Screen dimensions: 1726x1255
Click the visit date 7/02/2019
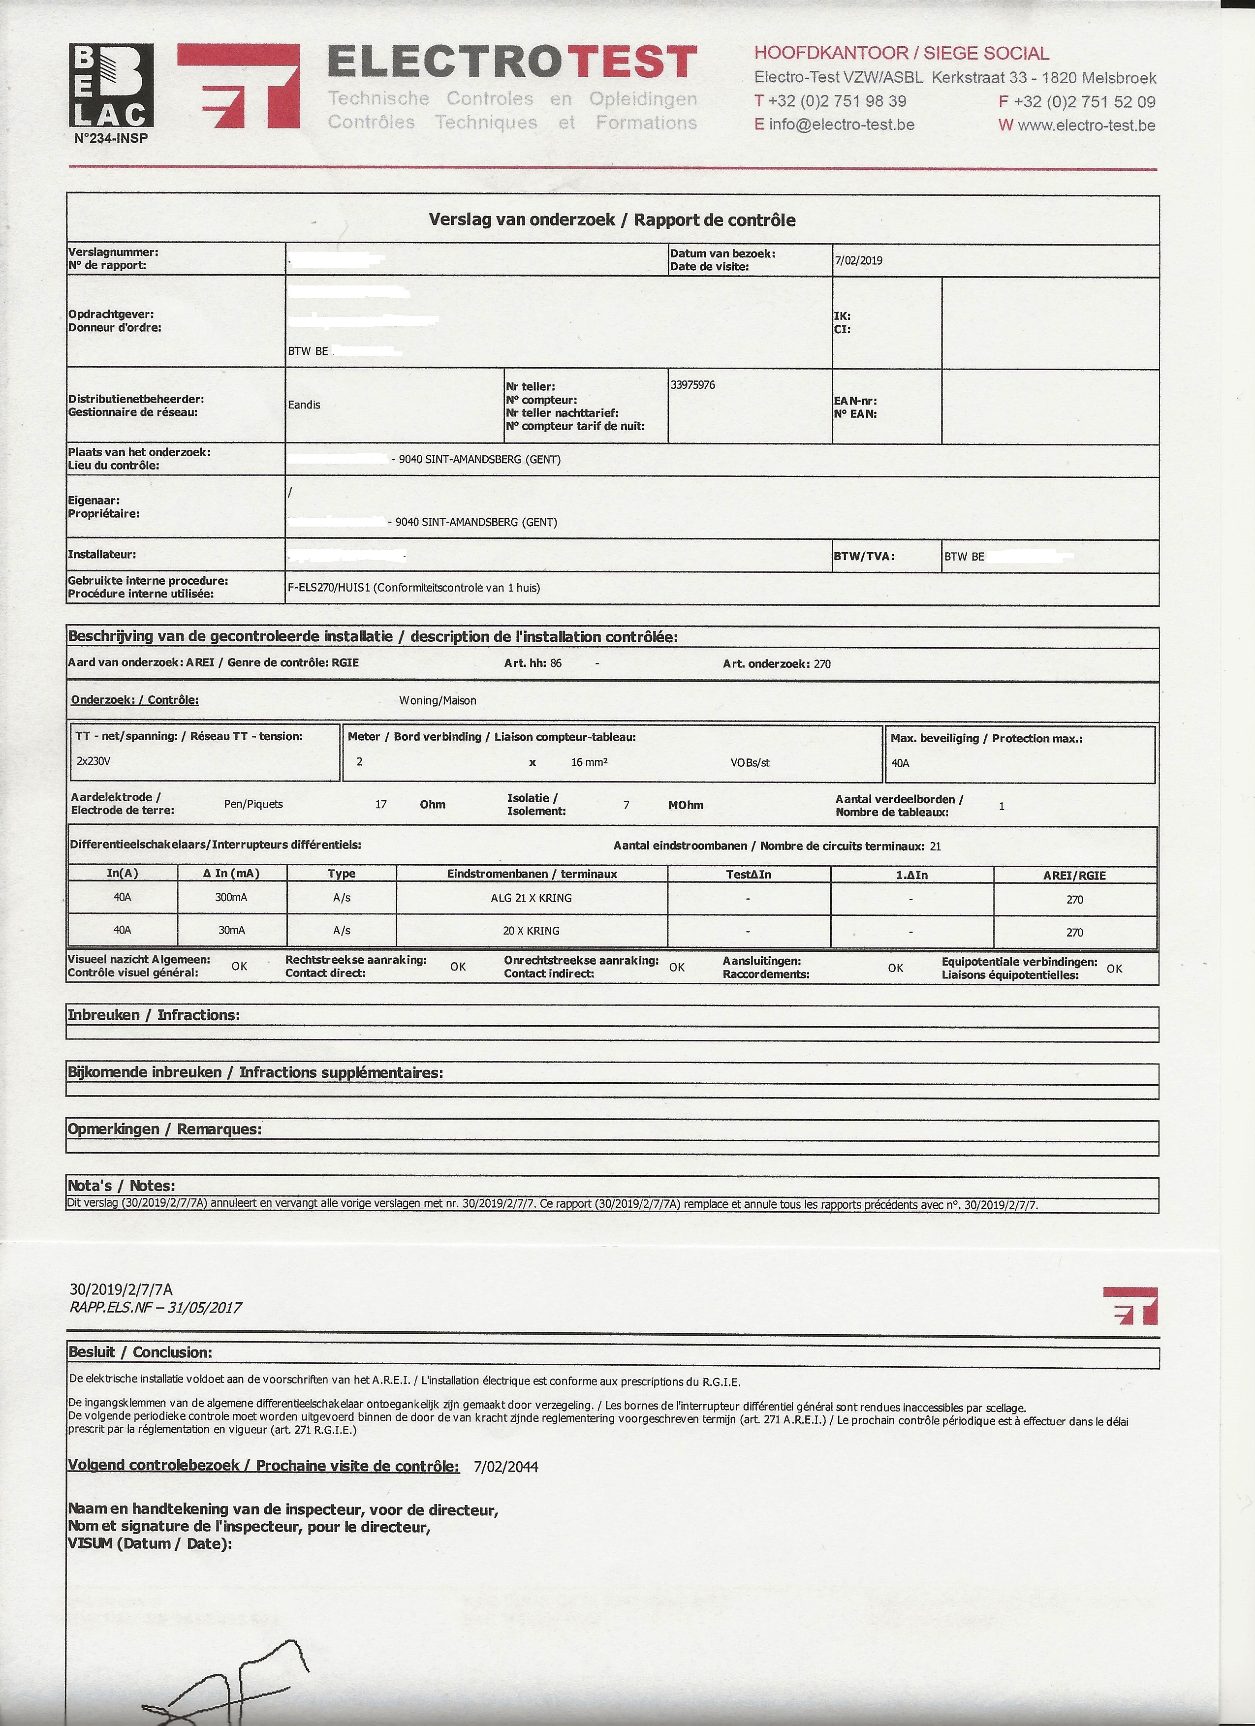[x=858, y=260]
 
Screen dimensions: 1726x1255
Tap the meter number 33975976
[x=692, y=385]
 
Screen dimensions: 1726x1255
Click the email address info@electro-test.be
[x=842, y=125]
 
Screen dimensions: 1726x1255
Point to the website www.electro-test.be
[x=1086, y=126]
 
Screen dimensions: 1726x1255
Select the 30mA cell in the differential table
[x=231, y=930]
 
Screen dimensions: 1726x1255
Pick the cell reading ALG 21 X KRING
[x=531, y=898]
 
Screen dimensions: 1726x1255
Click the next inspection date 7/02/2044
[x=505, y=1467]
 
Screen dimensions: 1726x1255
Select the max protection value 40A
[x=900, y=762]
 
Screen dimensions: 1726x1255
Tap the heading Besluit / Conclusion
[x=140, y=1352]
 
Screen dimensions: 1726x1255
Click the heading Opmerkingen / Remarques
[x=164, y=1129]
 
